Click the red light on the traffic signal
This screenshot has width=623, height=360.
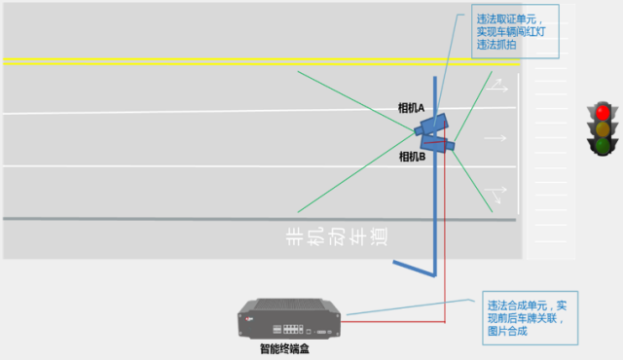click(x=604, y=110)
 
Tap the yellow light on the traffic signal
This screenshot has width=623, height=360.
click(x=604, y=127)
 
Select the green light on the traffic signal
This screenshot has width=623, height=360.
click(x=604, y=145)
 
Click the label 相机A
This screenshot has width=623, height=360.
click(x=411, y=108)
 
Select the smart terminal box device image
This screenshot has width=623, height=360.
click(x=291, y=319)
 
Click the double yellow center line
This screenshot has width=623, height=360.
click(x=263, y=61)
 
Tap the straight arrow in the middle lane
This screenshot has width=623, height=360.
click(x=495, y=138)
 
